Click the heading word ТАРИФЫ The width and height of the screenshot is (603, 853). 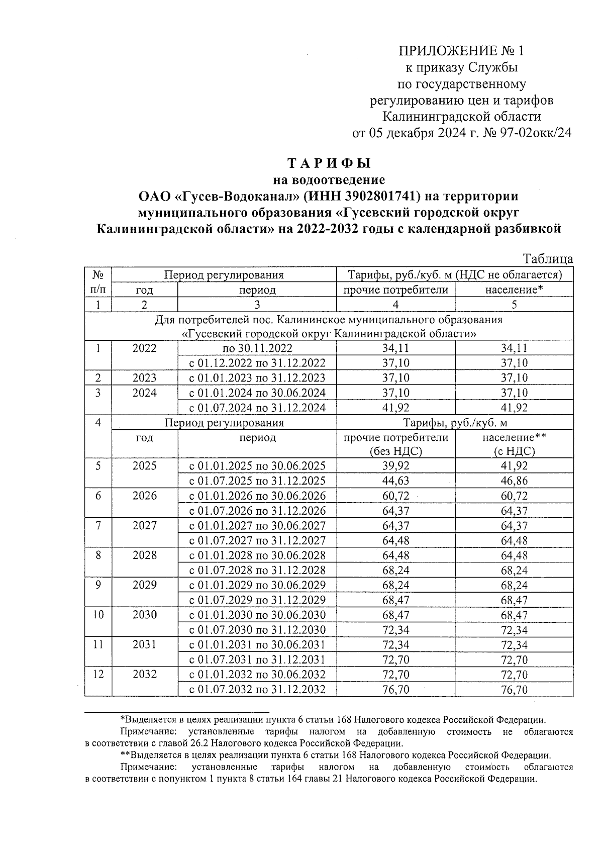(x=329, y=164)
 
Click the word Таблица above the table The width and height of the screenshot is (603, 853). (x=548, y=259)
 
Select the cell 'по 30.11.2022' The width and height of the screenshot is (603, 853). (x=257, y=348)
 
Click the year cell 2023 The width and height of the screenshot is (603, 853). (x=144, y=378)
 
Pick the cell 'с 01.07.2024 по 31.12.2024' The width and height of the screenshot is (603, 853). (x=257, y=408)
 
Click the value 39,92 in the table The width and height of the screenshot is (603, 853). (x=395, y=465)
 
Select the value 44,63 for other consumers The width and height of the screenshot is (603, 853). (x=395, y=481)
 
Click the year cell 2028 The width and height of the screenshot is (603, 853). (x=144, y=555)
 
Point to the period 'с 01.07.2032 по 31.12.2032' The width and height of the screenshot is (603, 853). (x=257, y=689)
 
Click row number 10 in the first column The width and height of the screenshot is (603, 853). (x=98, y=615)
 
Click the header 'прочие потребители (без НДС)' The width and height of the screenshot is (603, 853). (x=395, y=444)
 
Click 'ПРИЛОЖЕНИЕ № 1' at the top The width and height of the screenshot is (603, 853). (x=461, y=51)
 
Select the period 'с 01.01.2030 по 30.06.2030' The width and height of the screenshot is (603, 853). (x=257, y=615)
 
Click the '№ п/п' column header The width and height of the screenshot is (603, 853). (x=98, y=282)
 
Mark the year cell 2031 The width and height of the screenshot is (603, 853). (x=144, y=644)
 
